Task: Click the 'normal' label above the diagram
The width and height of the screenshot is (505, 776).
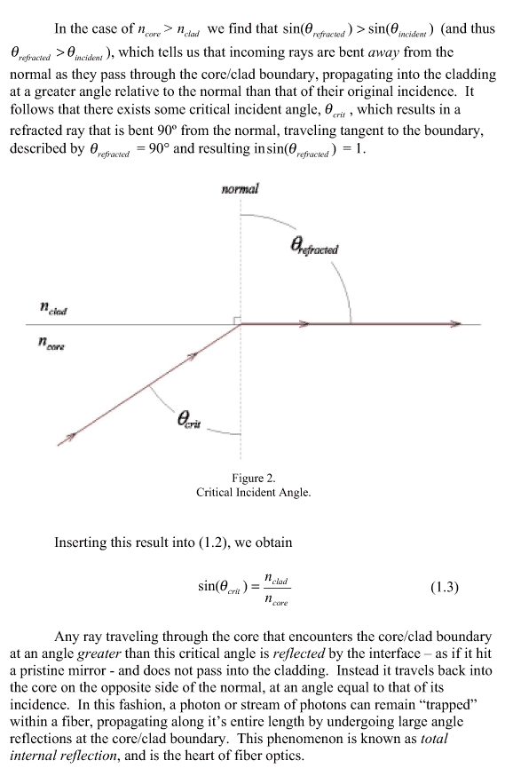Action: [x=240, y=189]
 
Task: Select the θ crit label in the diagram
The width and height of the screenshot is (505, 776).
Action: [x=189, y=420]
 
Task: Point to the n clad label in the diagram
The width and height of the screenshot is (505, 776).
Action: [x=53, y=309]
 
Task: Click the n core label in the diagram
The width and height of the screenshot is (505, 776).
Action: [x=52, y=343]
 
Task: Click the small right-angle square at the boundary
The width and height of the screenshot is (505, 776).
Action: [x=238, y=321]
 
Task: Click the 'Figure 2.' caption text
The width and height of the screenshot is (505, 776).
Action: [x=253, y=478]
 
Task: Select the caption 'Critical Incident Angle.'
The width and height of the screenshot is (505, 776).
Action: [x=253, y=493]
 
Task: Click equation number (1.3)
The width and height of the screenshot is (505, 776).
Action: [x=445, y=588]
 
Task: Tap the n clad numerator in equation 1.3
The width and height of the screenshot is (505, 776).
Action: [x=276, y=579]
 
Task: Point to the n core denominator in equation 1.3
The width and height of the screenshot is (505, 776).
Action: [x=276, y=600]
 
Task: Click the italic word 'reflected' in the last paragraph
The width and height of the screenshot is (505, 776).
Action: [x=299, y=653]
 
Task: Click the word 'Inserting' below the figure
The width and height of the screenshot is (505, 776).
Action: [x=81, y=542]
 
